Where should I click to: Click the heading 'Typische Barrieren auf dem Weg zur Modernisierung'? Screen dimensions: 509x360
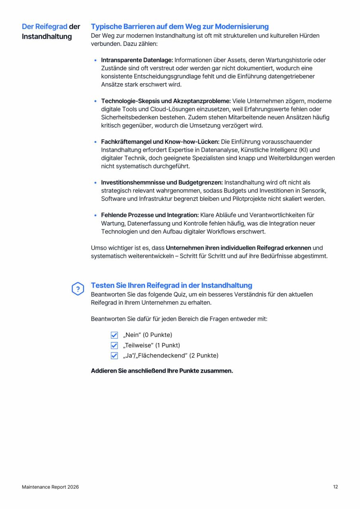point(180,27)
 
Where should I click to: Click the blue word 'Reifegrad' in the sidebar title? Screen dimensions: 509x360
point(51,27)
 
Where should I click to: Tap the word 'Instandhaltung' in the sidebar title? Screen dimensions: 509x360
point(47,37)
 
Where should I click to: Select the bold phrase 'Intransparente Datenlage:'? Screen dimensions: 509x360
point(137,60)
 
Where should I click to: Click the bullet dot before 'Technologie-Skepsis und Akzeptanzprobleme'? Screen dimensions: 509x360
point(95,101)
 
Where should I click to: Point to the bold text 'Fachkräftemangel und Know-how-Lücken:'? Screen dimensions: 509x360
point(160,142)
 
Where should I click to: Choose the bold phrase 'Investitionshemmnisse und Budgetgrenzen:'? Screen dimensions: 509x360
point(162,183)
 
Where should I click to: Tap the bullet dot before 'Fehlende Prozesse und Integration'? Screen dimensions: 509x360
point(95,215)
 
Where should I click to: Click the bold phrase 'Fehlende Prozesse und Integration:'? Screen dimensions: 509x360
point(150,215)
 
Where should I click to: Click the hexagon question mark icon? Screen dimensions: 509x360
point(78,289)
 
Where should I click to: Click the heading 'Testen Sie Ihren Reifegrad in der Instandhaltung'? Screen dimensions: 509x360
point(171,285)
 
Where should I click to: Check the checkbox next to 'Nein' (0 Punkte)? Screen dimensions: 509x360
point(115,335)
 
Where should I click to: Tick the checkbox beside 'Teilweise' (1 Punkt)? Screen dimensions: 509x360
point(115,345)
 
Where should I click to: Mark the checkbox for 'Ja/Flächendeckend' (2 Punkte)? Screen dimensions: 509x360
point(115,356)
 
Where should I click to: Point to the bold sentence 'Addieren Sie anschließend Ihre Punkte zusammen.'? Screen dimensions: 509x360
point(162,371)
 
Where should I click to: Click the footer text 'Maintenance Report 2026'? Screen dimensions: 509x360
point(50,487)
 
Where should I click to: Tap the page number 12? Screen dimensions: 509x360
point(335,487)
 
